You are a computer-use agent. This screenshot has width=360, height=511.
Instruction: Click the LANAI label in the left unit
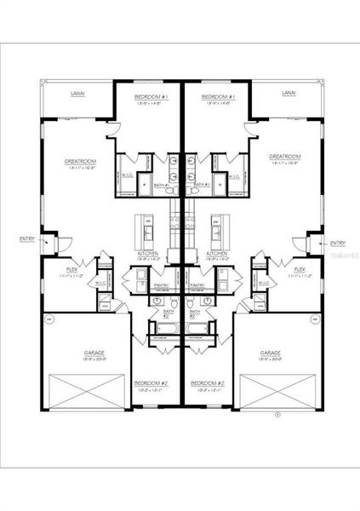point(78,95)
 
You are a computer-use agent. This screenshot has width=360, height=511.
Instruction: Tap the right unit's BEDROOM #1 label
point(218,97)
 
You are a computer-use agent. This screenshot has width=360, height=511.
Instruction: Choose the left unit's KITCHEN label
point(148,253)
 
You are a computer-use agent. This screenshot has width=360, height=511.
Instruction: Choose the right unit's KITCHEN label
point(217,253)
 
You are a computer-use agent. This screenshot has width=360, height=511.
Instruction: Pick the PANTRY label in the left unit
point(160,285)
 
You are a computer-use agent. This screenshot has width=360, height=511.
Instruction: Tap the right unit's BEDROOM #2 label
point(207,382)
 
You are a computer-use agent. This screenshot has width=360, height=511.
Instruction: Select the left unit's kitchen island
point(146,228)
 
